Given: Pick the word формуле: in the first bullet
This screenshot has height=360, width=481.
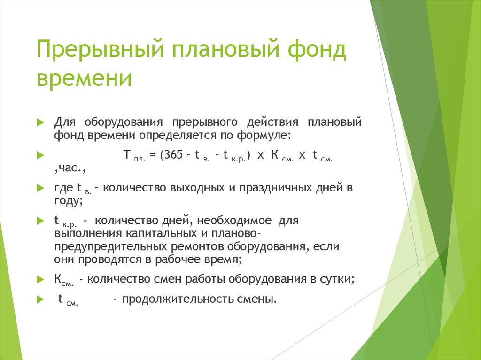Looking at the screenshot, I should coord(269,135).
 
